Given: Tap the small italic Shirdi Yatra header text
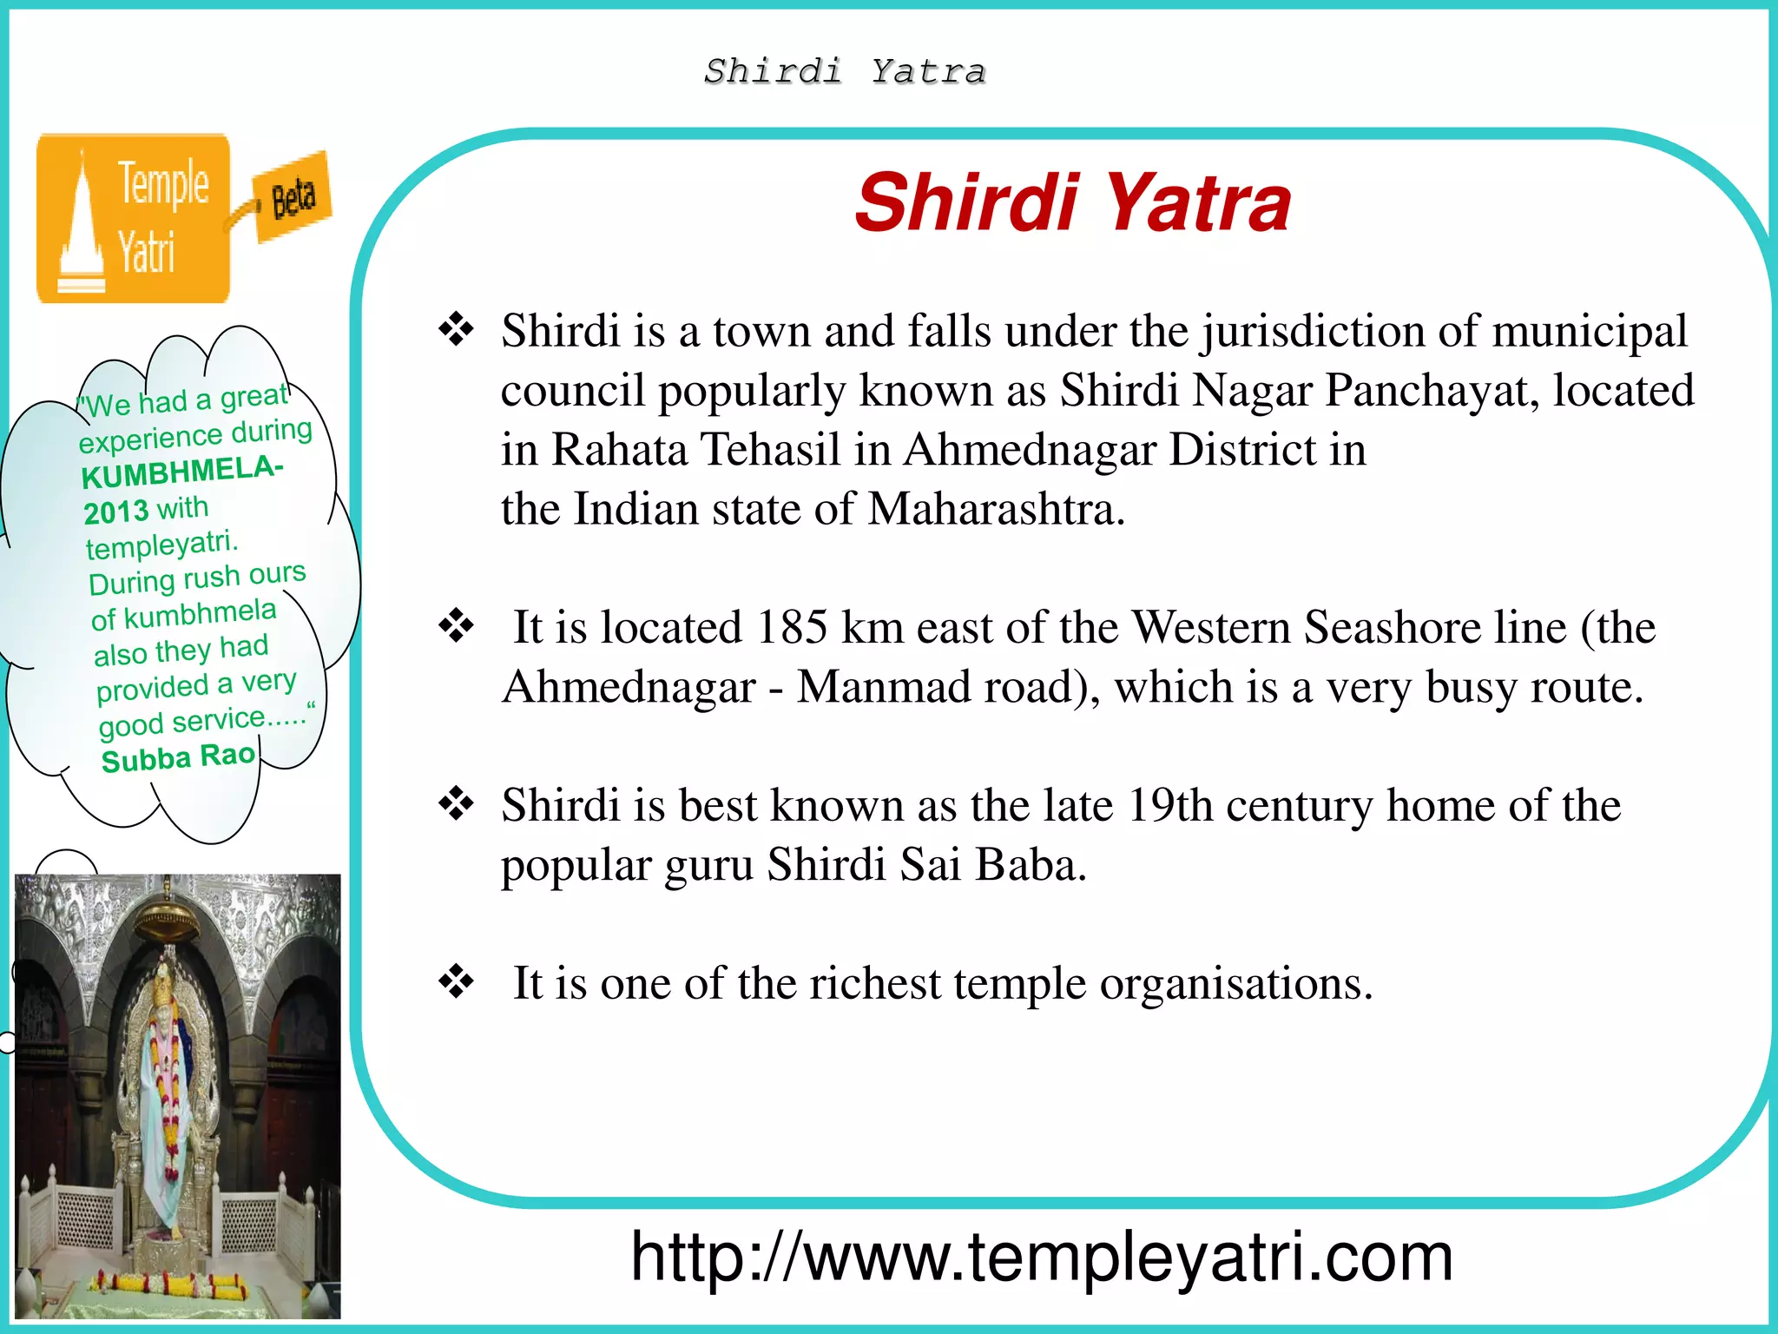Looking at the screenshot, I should [x=845, y=71].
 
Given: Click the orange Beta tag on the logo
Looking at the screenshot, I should [x=293, y=198].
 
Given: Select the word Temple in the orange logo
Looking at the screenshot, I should [x=163, y=183].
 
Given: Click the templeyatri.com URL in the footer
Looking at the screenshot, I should [x=1041, y=1257].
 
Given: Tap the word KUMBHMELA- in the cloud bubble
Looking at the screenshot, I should [x=181, y=472].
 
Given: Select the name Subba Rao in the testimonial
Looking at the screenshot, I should [x=178, y=758].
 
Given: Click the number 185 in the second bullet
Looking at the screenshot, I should [x=791, y=627].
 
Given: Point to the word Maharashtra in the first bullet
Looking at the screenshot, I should [x=996, y=509].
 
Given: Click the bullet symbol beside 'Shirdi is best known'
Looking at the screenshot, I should [x=456, y=803].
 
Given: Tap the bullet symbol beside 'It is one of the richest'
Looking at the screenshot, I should [x=456, y=982].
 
